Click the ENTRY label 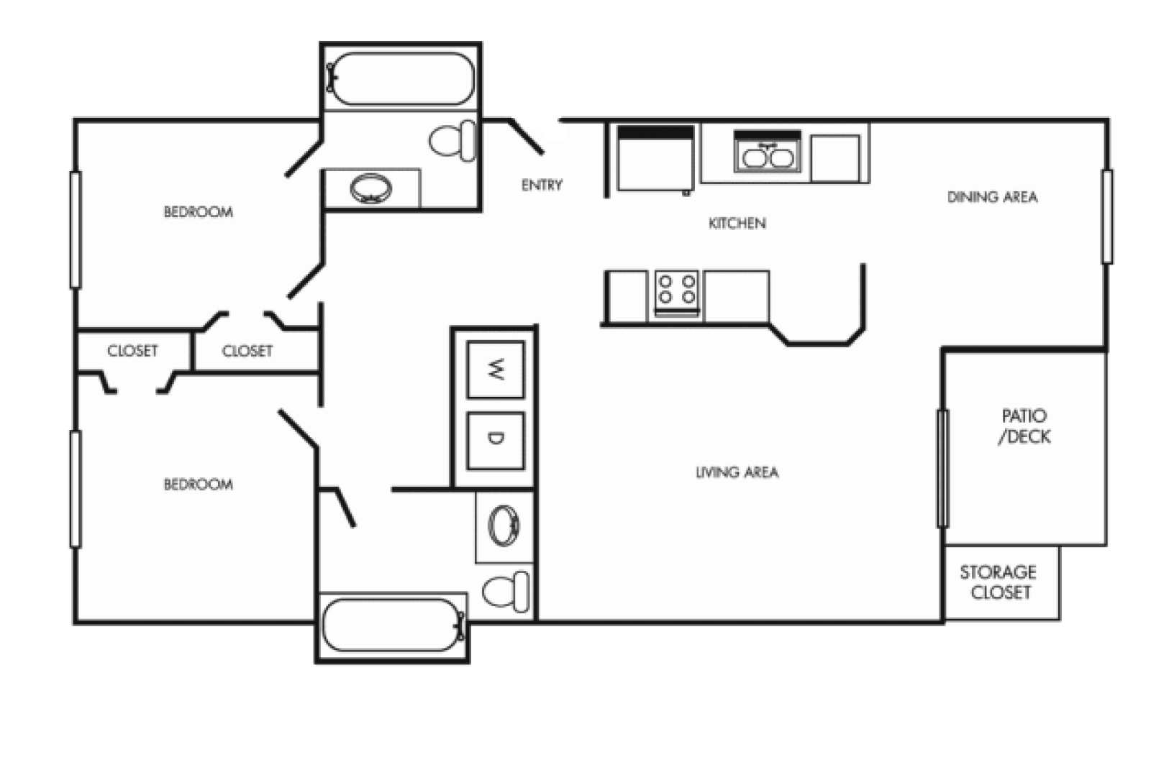click(542, 185)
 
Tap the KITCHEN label click(737, 224)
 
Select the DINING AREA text click(992, 197)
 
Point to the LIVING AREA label click(737, 472)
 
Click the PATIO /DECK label click(1024, 426)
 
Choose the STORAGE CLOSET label click(999, 582)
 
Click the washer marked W click(496, 370)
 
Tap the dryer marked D click(496, 439)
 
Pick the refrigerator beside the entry click(655, 159)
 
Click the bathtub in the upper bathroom click(401, 78)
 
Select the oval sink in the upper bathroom click(371, 188)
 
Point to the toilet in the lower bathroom click(506, 591)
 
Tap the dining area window click(1106, 216)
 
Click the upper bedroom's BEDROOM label click(198, 212)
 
